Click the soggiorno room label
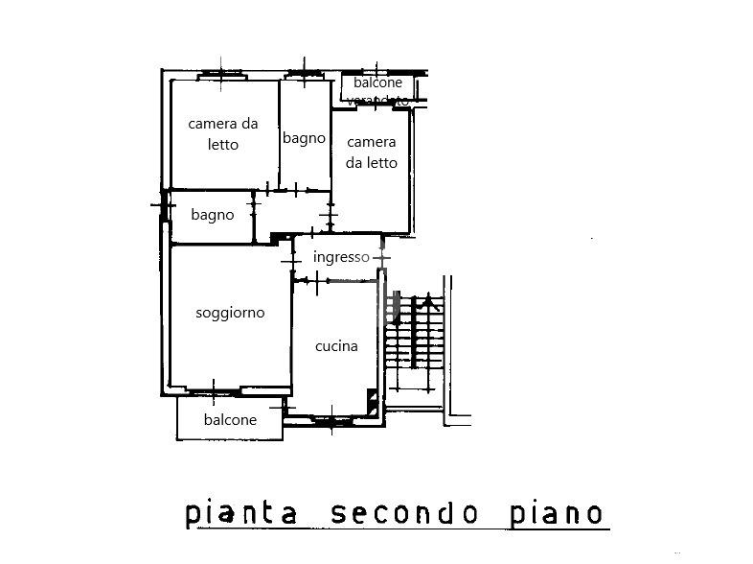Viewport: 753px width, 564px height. [x=230, y=313]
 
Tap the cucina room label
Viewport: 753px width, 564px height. [x=336, y=346]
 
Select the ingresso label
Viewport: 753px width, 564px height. [x=341, y=257]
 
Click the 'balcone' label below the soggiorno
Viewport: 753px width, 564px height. [x=230, y=420]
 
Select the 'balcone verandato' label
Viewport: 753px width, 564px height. [x=377, y=89]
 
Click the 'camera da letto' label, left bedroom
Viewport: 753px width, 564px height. [x=223, y=133]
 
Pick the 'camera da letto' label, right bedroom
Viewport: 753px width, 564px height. [x=372, y=152]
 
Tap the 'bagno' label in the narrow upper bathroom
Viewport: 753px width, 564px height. [x=304, y=138]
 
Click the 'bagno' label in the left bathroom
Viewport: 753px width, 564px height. [x=212, y=215]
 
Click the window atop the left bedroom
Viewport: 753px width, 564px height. [x=223, y=74]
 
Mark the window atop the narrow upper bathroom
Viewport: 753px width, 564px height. [x=305, y=74]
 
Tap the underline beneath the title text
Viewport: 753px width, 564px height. [x=397, y=528]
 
